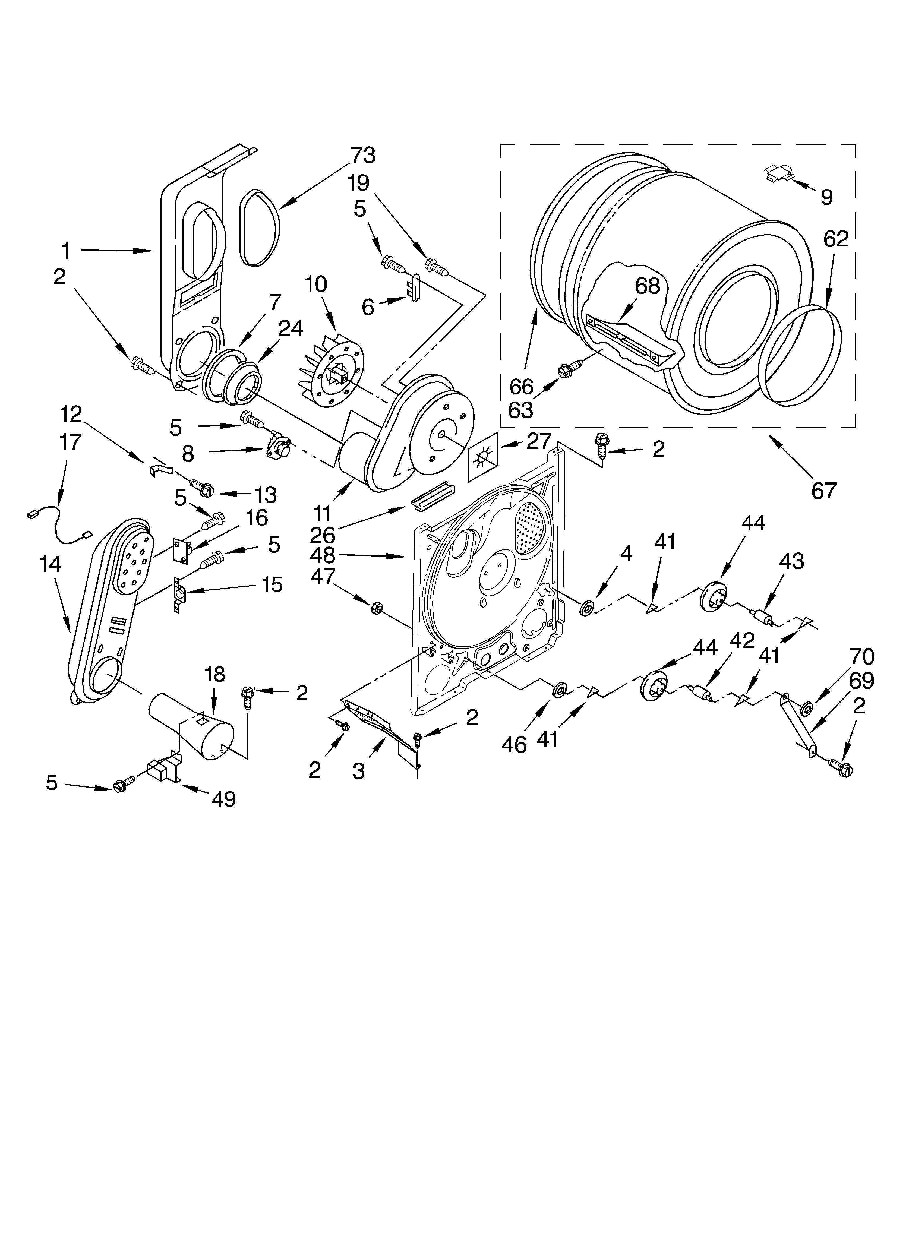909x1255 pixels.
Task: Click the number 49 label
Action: pyautogui.click(x=224, y=798)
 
